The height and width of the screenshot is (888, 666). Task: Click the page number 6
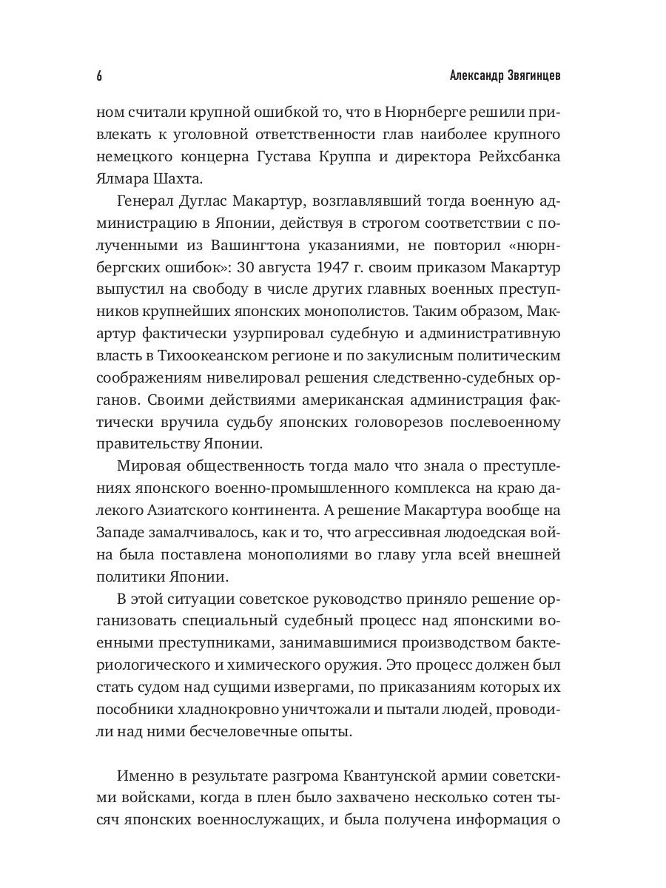pyautogui.click(x=99, y=77)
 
